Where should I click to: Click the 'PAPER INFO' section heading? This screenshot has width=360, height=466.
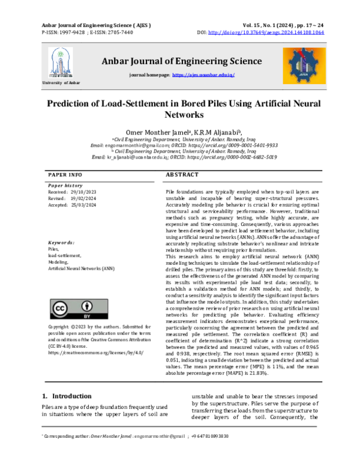[x=65, y=174]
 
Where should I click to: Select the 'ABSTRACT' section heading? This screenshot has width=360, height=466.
[x=181, y=174]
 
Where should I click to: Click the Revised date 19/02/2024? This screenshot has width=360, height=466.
[x=85, y=198]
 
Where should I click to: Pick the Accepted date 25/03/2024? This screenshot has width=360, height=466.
[x=85, y=204]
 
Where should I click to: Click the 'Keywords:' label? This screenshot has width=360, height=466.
[x=61, y=243]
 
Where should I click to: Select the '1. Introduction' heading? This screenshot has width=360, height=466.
[x=67, y=380]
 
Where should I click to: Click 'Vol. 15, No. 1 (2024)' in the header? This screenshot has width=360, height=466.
[x=270, y=25]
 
